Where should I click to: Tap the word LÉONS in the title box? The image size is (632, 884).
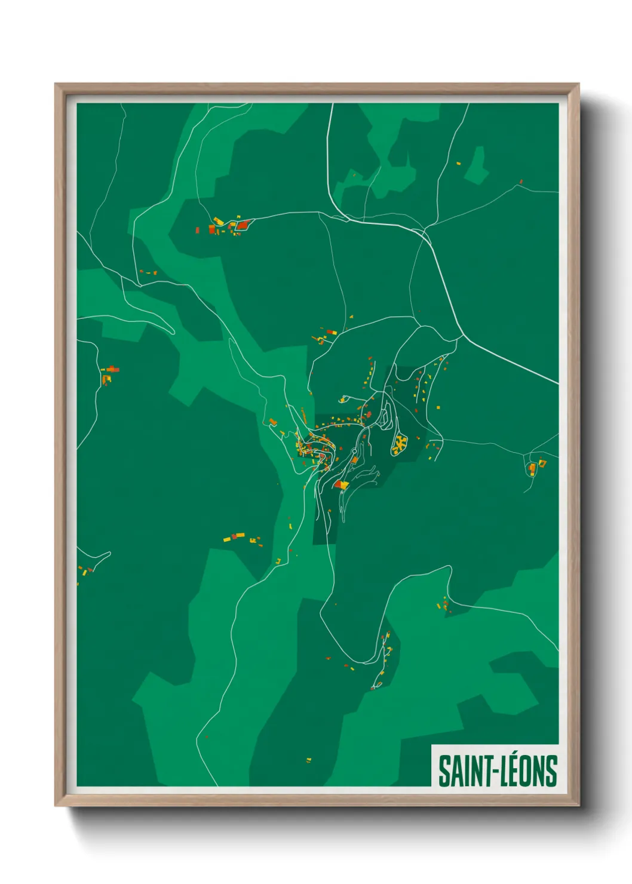coord(529,771)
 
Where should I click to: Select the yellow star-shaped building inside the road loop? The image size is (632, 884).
coord(399,443)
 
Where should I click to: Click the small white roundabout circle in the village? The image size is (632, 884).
coord(354,451)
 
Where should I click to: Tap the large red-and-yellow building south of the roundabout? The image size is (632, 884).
coord(341,484)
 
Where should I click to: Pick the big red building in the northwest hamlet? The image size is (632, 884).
coord(242,225)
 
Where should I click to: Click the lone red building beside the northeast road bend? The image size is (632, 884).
coord(521,181)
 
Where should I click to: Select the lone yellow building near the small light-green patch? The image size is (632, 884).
coord(459,163)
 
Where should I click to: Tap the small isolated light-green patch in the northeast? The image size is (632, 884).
coord(477,165)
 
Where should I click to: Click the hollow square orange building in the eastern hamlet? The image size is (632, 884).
coord(531,467)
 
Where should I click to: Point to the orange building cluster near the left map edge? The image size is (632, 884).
coord(108,375)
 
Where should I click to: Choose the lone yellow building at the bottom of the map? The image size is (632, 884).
coord(309,760)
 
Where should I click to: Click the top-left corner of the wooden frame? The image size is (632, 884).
coord(56,85)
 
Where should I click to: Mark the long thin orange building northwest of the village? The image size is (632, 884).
coord(303,414)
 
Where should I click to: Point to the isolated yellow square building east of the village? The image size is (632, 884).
coord(438,407)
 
